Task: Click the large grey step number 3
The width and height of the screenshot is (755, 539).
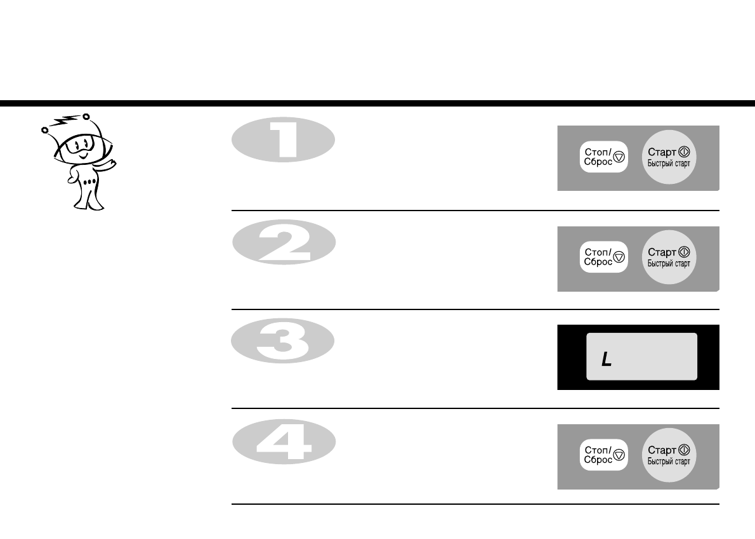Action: [283, 341]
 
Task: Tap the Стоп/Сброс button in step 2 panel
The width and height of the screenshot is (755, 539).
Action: [603, 257]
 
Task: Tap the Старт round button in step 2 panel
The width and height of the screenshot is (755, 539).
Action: [668, 257]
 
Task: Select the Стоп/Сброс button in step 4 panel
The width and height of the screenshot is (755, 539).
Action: [603, 455]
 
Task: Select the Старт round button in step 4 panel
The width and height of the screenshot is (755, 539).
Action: [668, 455]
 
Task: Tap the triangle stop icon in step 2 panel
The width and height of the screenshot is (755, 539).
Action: [620, 258]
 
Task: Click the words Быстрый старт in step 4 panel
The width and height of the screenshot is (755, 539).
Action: [668, 462]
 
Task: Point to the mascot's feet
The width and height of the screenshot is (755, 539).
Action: [86, 204]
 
